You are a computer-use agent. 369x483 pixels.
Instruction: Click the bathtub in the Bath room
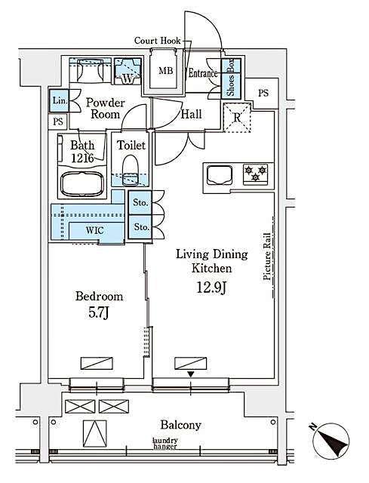click(82, 184)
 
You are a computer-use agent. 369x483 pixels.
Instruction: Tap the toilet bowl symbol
click(131, 171)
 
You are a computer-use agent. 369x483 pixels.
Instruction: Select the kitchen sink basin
click(220, 175)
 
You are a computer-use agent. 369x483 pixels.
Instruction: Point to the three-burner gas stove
click(255, 174)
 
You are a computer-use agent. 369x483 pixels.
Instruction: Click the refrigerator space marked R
click(237, 118)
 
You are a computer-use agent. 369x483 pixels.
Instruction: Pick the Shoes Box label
click(231, 77)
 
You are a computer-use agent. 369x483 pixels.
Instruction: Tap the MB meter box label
click(166, 71)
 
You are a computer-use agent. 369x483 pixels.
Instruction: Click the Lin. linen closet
click(59, 100)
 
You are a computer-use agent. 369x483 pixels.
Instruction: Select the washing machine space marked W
click(128, 71)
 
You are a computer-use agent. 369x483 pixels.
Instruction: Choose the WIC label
click(94, 230)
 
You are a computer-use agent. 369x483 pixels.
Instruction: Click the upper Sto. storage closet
click(140, 202)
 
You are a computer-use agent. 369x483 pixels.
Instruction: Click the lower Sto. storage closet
click(140, 227)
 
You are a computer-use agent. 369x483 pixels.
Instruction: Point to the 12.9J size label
click(212, 288)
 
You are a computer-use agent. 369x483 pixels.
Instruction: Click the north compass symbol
click(331, 440)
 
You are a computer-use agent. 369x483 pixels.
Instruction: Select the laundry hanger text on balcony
click(165, 444)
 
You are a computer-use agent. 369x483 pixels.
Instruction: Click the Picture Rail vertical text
click(267, 257)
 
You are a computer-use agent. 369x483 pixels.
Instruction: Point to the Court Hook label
click(158, 41)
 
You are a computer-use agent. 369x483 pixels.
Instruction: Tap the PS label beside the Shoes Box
click(263, 93)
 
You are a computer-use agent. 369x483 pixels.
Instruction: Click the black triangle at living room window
click(191, 374)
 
